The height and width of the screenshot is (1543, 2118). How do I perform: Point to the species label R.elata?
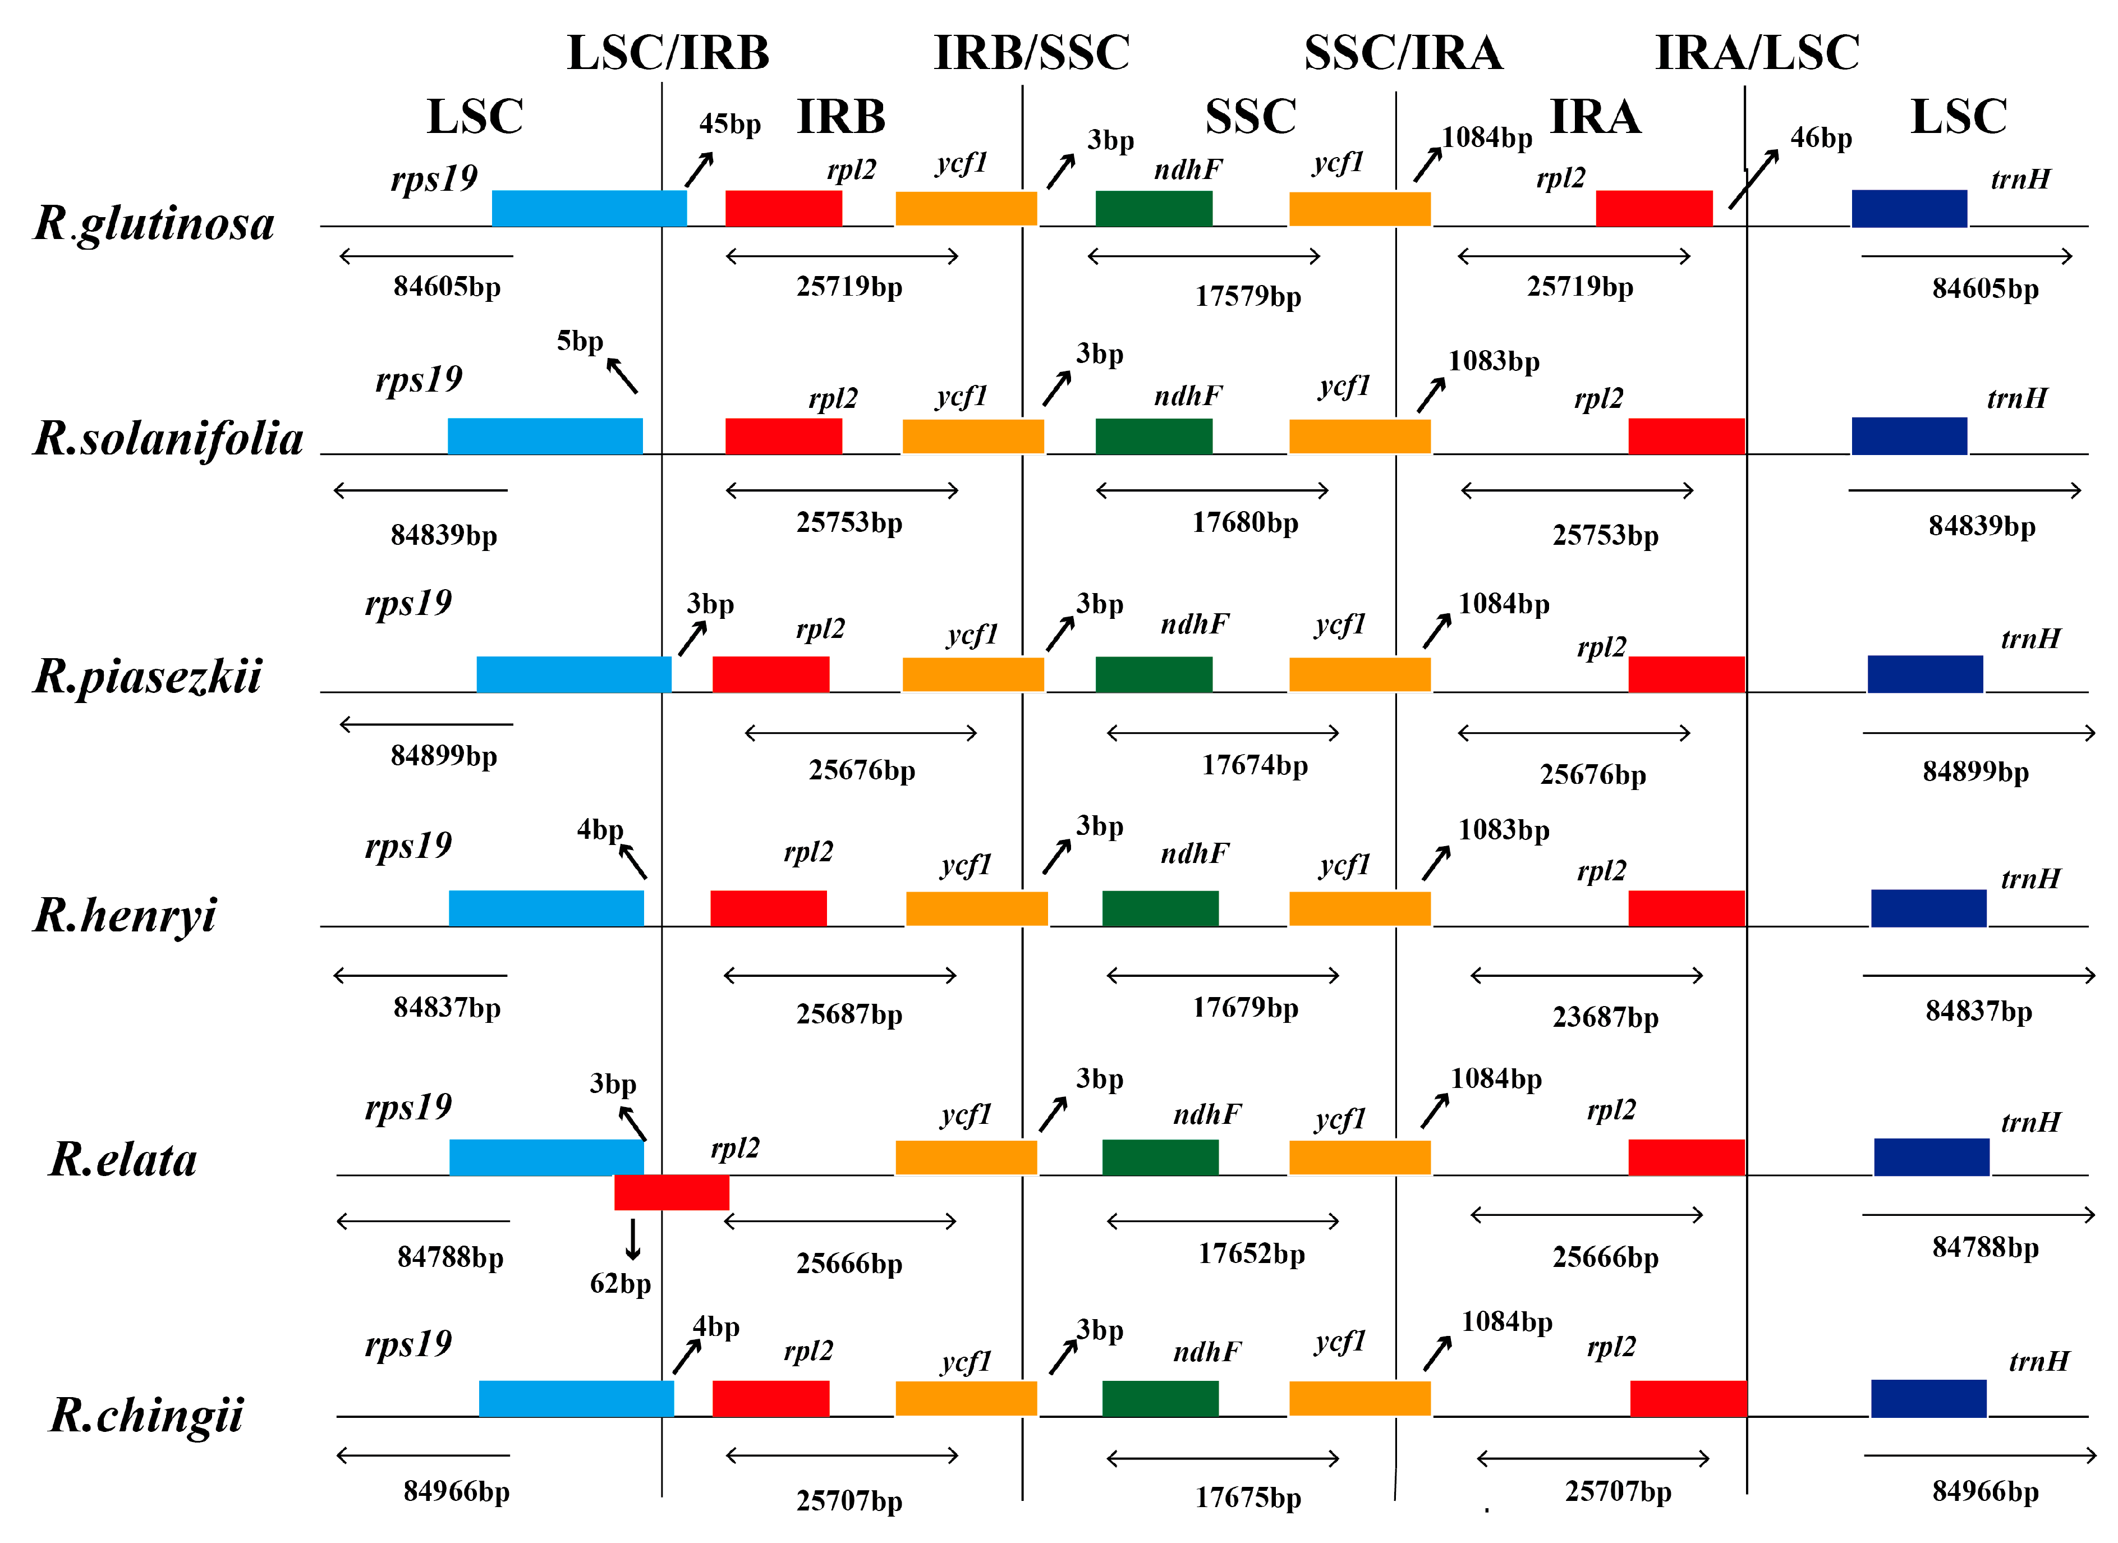click(123, 1160)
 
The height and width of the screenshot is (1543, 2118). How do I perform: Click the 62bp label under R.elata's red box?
click(620, 1283)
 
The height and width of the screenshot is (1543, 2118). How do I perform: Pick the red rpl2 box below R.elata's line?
click(672, 1193)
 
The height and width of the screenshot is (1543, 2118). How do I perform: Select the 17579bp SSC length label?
click(1248, 296)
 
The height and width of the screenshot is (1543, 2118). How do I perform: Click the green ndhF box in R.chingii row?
click(1160, 1398)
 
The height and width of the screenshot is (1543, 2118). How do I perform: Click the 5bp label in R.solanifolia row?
click(580, 341)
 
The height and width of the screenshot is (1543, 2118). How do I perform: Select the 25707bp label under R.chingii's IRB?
click(849, 1501)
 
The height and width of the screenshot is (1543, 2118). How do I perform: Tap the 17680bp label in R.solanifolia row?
click(1245, 522)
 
